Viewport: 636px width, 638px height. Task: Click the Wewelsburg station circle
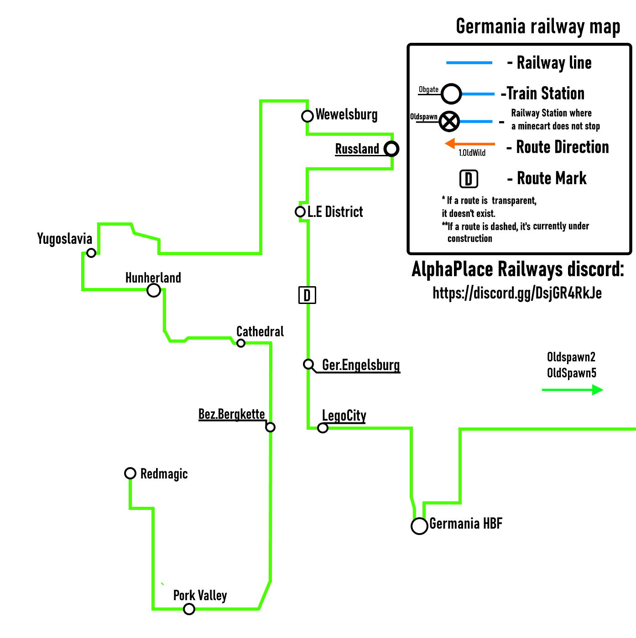308,116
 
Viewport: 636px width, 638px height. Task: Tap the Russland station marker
391,149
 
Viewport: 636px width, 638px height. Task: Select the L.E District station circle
300,211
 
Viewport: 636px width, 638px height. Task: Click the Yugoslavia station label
65,239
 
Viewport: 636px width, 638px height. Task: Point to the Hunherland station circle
154,290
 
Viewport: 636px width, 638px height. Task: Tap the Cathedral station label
260,331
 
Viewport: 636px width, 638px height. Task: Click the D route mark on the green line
307,295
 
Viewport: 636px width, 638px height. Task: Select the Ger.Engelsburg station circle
309,364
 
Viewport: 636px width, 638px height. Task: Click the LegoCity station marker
323,428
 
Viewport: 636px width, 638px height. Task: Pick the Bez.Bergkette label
231,414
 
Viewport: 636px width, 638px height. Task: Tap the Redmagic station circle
130,473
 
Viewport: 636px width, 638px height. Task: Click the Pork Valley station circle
189,609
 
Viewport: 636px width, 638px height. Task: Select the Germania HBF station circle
419,526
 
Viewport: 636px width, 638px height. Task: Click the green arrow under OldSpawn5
573,390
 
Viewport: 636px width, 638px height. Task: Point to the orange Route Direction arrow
470,144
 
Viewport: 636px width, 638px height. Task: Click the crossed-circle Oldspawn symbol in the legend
449,121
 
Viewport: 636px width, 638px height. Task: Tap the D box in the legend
469,179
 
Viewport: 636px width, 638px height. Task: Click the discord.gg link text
517,293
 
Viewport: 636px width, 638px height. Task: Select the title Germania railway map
538,26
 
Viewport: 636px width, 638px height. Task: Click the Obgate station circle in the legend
451,94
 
